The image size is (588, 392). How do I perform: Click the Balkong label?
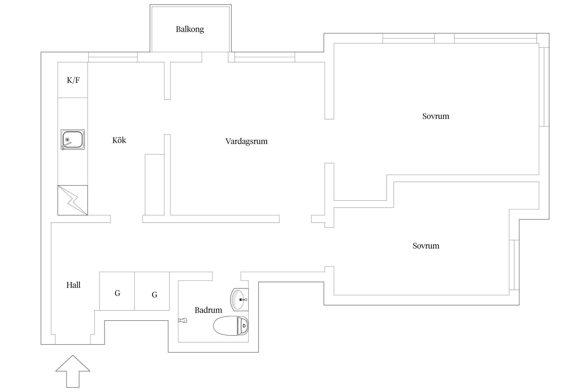coord(190,29)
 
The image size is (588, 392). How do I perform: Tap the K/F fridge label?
coord(73,80)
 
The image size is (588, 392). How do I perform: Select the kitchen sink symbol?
coord(73,139)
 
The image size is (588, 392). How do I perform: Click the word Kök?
coord(119,140)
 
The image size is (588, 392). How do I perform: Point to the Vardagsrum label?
coord(246,141)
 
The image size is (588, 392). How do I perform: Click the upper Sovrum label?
coord(436,116)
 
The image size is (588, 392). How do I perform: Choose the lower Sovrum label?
coord(426,246)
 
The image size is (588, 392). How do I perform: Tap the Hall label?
coord(73,285)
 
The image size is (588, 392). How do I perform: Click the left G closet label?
coord(117,293)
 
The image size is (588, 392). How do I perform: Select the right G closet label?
coord(154,295)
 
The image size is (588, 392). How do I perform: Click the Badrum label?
coord(208,310)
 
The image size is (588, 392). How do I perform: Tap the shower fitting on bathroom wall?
coord(183,320)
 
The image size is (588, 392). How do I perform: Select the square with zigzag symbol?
coord(73,200)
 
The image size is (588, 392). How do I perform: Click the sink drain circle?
coord(67,140)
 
